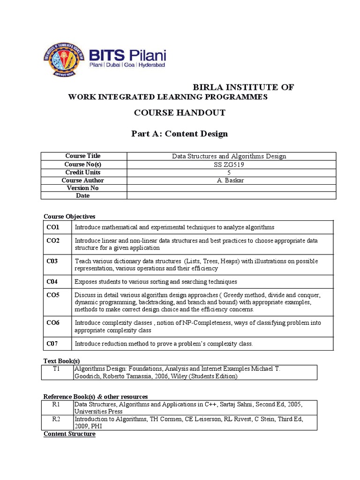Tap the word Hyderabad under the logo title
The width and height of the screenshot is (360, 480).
151,66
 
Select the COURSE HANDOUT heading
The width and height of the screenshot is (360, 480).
180,112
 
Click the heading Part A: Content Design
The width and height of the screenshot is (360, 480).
180,134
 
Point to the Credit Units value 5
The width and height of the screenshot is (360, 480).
229,172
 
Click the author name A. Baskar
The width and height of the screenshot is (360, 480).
229,180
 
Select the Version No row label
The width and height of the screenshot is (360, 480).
82,188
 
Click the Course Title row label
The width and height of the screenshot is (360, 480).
82,156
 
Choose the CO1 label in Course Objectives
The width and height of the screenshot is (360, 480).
53,227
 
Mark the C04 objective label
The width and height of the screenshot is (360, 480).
52,281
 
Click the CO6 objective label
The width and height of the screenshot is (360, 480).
53,322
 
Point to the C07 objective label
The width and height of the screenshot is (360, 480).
52,344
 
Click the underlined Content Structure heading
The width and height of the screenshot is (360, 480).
69,434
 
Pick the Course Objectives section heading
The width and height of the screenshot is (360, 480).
69,216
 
